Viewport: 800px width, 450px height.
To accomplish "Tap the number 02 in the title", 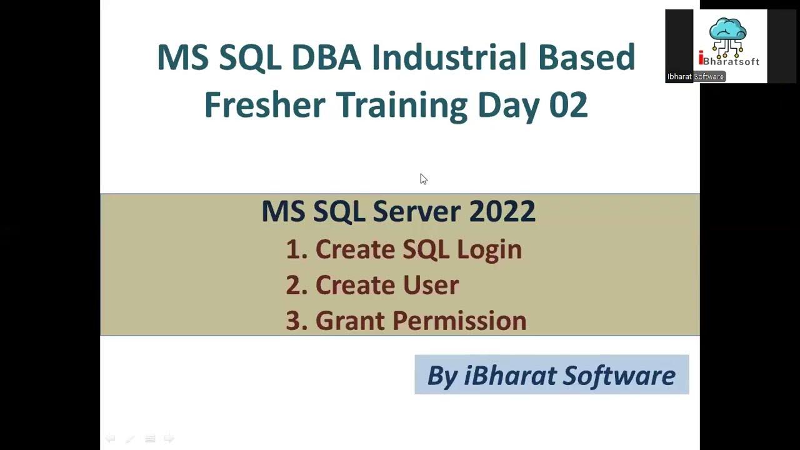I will pyautogui.click(x=568, y=104).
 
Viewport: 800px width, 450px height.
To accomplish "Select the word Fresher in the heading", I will pyautogui.click(x=264, y=104).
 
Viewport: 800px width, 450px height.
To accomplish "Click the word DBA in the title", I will pyautogui.click(x=326, y=57).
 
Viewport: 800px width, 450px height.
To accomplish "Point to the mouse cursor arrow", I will pyautogui.click(x=423, y=179).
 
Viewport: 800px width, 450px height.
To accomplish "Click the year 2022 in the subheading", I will pyautogui.click(x=502, y=211).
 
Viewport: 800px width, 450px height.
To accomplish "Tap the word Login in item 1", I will pyautogui.click(x=489, y=249).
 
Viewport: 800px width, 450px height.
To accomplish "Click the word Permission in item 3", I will pyautogui.click(x=459, y=321).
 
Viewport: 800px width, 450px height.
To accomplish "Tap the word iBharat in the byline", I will pyautogui.click(x=510, y=376).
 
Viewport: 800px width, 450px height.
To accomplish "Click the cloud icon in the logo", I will pyautogui.click(x=728, y=29).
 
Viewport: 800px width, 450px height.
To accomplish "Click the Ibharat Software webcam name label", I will pyautogui.click(x=695, y=77).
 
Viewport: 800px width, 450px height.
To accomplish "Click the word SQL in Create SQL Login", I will pyautogui.click(x=426, y=249).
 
